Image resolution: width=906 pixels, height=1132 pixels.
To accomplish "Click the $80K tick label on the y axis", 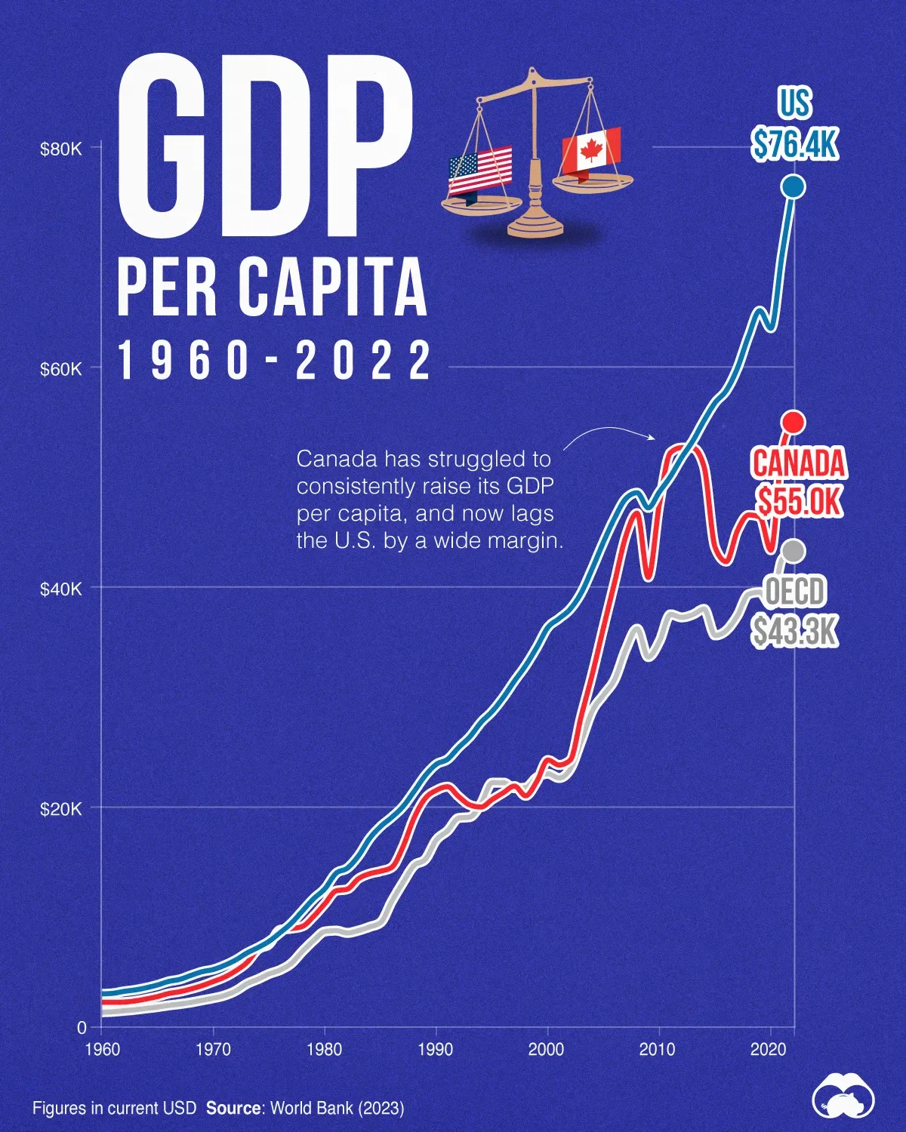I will pos(60,149).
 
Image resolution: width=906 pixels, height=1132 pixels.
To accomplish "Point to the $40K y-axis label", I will pos(60,589).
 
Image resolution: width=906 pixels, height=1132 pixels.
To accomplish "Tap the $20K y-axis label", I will pos(60,809).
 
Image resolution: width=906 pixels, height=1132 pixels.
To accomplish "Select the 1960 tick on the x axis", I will pos(102,1050).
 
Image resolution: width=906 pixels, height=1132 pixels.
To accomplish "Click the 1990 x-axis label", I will pos(436,1050).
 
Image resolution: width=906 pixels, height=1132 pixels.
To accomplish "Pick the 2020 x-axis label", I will pos(769,1050).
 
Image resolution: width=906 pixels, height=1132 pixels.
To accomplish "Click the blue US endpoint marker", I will pos(793,186).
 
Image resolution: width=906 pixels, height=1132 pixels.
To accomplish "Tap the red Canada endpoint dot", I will pos(793,422).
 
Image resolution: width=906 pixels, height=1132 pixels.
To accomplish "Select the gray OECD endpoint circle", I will pos(793,552).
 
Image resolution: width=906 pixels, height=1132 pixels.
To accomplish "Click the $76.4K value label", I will pos(794,143).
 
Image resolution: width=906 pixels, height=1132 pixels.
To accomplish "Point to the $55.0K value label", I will pos(799,500).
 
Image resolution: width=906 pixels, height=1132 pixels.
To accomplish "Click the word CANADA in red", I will pos(799,463).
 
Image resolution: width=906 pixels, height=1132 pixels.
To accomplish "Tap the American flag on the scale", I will pos(480,172).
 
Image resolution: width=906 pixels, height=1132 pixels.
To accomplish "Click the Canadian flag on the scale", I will pos(590,151).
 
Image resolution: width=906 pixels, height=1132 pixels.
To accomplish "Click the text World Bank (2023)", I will pos(337,1109).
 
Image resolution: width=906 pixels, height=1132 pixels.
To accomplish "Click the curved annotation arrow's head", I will pos(653,437).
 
